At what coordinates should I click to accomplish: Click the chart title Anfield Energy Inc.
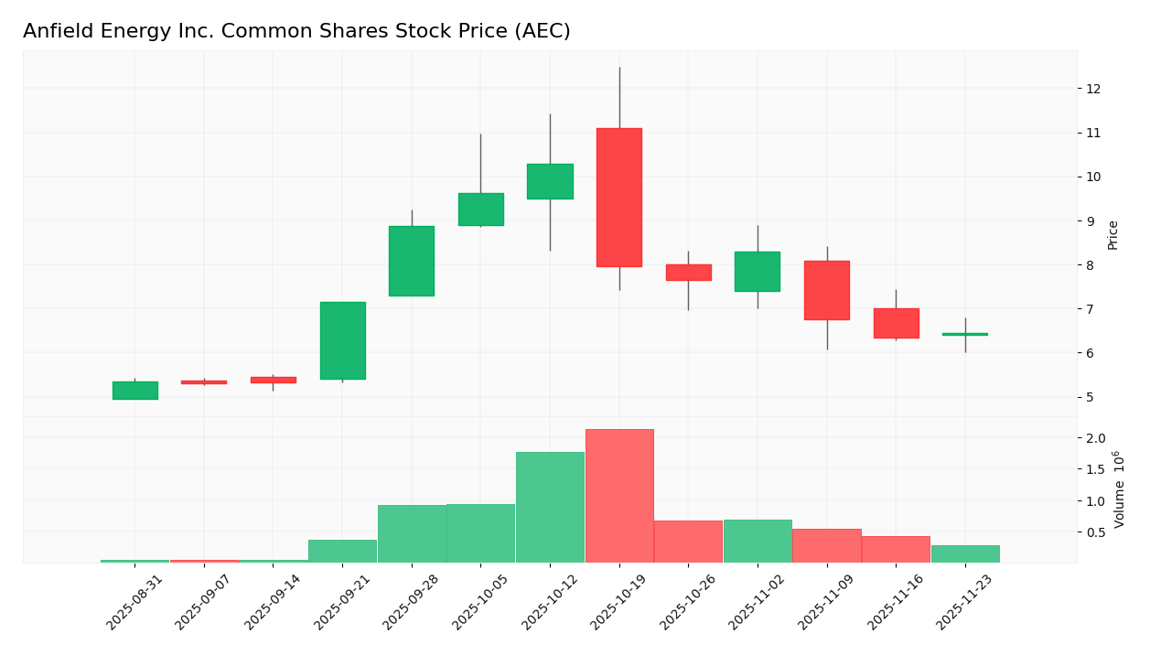(296, 32)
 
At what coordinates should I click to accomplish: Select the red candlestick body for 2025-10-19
(619, 197)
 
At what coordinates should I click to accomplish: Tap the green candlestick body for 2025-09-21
(342, 340)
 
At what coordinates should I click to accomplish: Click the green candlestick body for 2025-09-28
(412, 261)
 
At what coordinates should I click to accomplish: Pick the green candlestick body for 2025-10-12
(550, 181)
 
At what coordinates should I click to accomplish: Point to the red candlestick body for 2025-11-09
(827, 290)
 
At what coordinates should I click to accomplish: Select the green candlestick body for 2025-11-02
(758, 272)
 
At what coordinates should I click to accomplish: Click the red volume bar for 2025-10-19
(619, 496)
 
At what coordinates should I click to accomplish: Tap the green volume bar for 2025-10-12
(550, 508)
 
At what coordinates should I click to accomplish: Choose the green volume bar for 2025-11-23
(965, 553)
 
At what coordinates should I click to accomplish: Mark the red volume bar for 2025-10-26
(688, 542)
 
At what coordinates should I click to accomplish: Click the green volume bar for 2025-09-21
(342, 551)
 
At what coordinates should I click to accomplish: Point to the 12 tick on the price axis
(1092, 89)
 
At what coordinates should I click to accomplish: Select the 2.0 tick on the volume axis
(1096, 438)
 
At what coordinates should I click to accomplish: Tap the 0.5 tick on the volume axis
(1096, 532)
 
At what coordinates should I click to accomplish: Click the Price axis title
(1113, 235)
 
